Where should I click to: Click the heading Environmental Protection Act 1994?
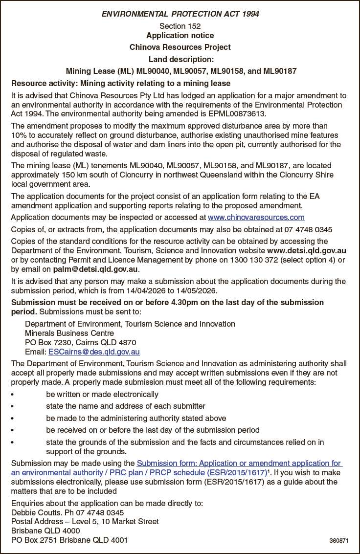click(x=180, y=14)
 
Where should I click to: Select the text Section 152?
click(x=180, y=26)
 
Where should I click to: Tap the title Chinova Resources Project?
click(x=180, y=47)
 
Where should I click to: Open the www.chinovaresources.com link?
click(x=256, y=217)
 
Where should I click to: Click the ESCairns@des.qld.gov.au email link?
click(x=94, y=352)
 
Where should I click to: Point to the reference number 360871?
click(x=338, y=541)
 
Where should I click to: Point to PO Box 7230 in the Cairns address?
click(x=47, y=342)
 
